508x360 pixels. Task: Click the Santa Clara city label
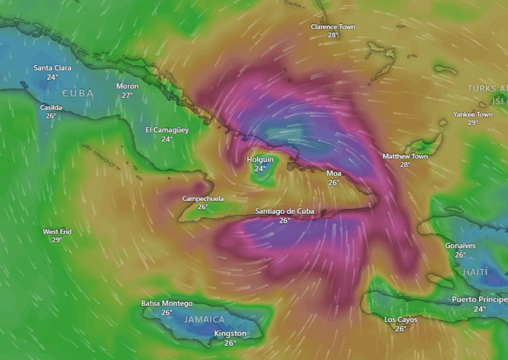click(x=52, y=68)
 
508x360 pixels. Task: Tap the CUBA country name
click(x=78, y=93)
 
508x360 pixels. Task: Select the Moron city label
click(x=127, y=86)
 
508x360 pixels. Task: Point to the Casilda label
click(x=51, y=107)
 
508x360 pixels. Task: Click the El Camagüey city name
click(x=167, y=129)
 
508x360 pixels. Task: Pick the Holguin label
click(x=260, y=160)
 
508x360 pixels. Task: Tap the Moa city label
click(x=334, y=173)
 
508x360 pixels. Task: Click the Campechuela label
click(x=203, y=198)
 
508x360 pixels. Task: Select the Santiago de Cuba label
click(x=284, y=211)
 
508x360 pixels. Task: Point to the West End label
click(x=57, y=231)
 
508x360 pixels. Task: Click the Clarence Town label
click(x=333, y=26)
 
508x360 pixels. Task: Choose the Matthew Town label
click(x=405, y=156)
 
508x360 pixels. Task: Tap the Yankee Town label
click(x=473, y=114)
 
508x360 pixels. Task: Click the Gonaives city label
click(x=460, y=246)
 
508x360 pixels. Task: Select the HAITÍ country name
click(x=475, y=271)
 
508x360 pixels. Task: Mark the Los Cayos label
click(x=400, y=319)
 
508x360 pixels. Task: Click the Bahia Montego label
click(x=167, y=303)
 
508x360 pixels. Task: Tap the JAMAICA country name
click(x=205, y=319)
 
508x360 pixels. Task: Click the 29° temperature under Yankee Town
click(x=473, y=122)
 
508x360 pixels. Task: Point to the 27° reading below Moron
click(x=127, y=95)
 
